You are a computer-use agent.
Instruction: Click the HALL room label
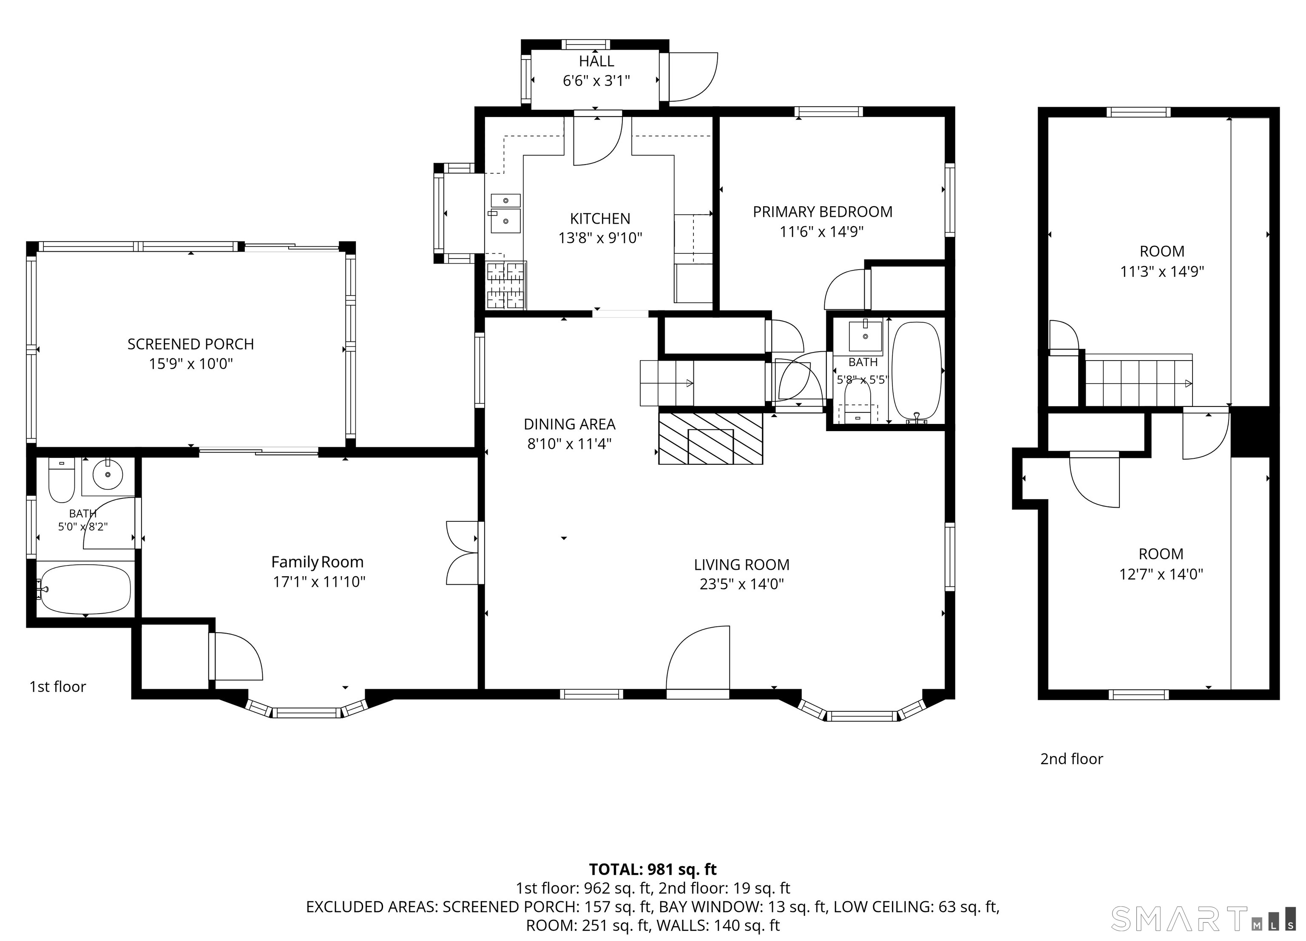click(x=596, y=61)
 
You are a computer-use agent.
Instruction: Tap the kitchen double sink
click(x=505, y=213)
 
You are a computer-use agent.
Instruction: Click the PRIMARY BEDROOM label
click(x=822, y=212)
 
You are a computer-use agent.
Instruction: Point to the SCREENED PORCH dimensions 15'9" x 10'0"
click(x=190, y=364)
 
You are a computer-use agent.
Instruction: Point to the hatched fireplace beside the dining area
click(x=710, y=438)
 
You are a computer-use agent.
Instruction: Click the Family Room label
click(x=317, y=562)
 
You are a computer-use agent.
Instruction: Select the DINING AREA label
click(x=570, y=424)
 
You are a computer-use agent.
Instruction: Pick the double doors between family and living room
click(x=463, y=553)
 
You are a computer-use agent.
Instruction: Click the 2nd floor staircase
click(x=1139, y=380)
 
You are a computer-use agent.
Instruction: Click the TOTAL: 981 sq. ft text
click(x=653, y=869)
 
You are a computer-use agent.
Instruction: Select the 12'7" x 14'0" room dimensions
click(x=1161, y=574)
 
